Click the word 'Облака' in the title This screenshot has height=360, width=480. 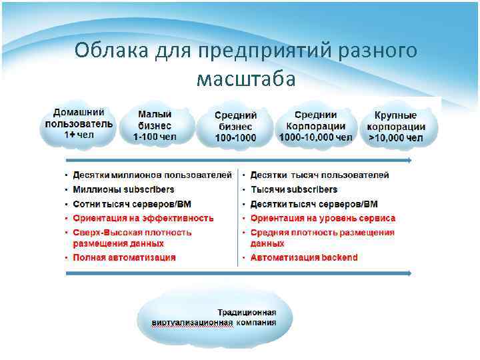[x=112, y=51]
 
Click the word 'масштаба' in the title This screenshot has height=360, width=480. [x=246, y=79]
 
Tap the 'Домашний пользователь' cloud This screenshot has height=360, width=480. [x=79, y=124]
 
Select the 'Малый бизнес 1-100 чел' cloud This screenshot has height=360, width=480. [x=155, y=126]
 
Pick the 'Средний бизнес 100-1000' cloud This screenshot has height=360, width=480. [x=235, y=127]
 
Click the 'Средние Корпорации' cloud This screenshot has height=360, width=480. [x=315, y=126]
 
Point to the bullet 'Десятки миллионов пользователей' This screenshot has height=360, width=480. [x=152, y=175]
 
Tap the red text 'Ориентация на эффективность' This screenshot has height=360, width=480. [x=143, y=218]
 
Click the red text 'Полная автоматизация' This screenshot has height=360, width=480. [x=124, y=257]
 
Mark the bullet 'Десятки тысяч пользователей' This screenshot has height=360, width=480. [x=319, y=175]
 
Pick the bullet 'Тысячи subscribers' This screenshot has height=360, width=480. [x=293, y=189]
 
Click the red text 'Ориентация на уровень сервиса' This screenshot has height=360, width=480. [x=323, y=218]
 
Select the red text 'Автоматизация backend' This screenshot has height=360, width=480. [x=304, y=257]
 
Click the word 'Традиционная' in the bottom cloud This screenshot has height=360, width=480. [x=247, y=312]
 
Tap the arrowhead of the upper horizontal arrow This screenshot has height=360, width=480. [x=408, y=161]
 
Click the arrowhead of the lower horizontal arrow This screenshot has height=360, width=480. [x=408, y=273]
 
